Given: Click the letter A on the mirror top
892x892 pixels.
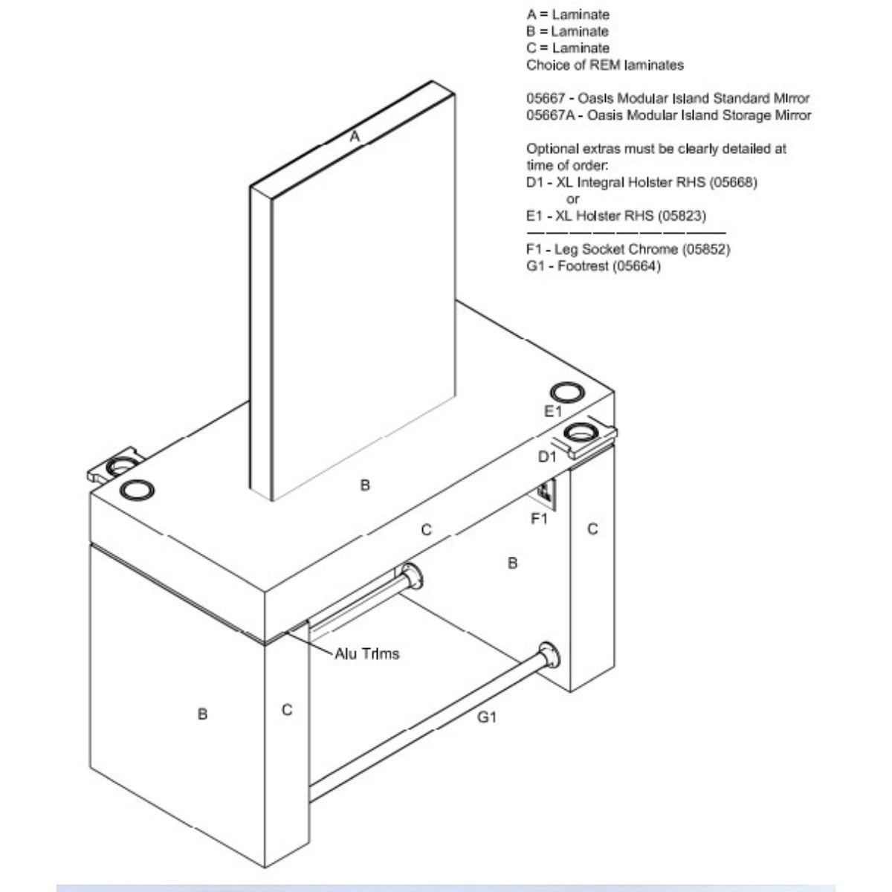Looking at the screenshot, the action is coord(355,137).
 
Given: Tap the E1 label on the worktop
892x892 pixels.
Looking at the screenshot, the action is coord(553,411).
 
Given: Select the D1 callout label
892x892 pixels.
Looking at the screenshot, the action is coord(547,457).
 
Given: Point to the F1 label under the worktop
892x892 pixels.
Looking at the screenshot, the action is coord(539,519).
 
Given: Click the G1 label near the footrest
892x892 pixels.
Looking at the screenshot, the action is coord(487,717).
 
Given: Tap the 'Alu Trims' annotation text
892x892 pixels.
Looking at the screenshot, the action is coord(366,654).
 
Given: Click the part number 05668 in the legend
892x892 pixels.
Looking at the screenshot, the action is coord(734,182).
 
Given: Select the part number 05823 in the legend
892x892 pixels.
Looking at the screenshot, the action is coord(682,216).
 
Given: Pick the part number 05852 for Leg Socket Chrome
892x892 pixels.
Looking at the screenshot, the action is coord(706,250).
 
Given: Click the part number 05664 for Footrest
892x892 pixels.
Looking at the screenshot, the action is coord(637,266).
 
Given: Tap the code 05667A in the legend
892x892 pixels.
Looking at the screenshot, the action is coord(550,115).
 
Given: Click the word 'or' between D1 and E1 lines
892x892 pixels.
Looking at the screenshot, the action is coord(572,199).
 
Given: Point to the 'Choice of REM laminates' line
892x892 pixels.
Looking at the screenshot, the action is coord(605,65).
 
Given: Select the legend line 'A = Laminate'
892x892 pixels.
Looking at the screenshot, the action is coord(568,15).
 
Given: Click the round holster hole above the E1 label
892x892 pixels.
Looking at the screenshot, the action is coord(567,392).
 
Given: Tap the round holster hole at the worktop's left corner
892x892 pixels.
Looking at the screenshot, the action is coord(137,489).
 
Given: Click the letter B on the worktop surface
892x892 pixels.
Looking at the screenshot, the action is coord(365,485).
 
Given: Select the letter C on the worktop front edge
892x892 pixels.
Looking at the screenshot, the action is coord(427,529).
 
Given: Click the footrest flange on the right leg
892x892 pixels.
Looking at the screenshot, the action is coord(549,655).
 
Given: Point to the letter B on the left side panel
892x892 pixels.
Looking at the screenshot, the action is coord(202,714).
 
